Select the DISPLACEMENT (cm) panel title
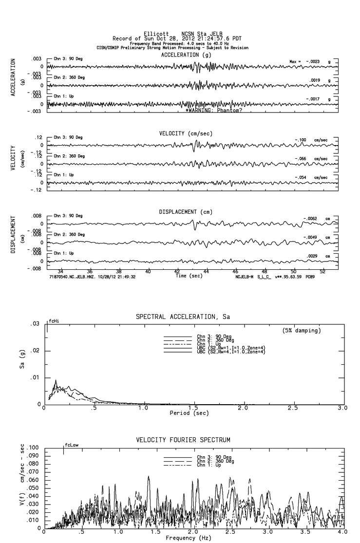[x=185, y=212]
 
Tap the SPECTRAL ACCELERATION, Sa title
[x=183, y=317]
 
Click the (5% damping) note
[x=301, y=331]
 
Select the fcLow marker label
[x=72, y=445]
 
